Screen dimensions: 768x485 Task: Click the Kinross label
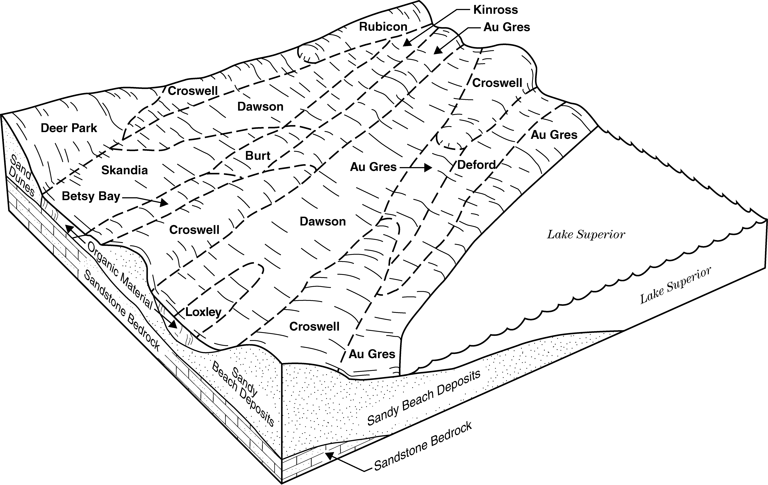pos(496,10)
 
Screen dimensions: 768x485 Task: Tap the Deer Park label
pos(69,128)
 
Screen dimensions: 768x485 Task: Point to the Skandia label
pos(124,170)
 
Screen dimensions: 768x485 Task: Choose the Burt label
pos(258,156)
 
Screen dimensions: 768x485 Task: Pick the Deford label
pos(476,165)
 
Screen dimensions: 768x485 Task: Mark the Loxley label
pos(204,312)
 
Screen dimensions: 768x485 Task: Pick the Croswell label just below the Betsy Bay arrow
pos(194,230)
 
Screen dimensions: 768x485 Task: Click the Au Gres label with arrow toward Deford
pos(373,167)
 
